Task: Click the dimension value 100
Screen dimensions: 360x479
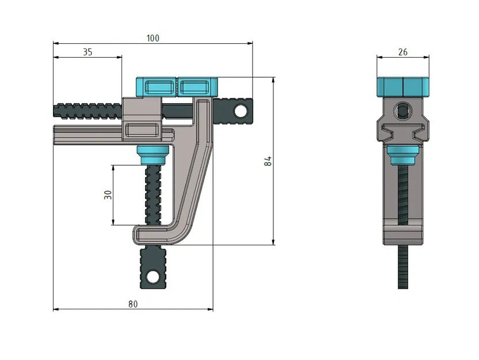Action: coord(153,38)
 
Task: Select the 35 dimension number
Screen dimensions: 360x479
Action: coord(88,52)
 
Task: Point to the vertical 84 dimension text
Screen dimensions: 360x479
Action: coord(268,161)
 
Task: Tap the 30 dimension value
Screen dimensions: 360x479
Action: coord(108,195)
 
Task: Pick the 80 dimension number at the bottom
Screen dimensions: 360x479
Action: coord(133,304)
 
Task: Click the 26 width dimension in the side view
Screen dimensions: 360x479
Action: coord(402,52)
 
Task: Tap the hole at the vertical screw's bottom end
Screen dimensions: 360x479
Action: coord(153,276)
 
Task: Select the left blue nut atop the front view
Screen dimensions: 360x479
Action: coord(156,87)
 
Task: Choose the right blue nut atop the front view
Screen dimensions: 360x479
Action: coord(197,87)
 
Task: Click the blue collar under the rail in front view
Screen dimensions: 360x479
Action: coord(153,153)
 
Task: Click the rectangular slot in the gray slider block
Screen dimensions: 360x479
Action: coord(142,130)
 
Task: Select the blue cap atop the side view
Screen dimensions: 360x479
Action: coord(402,87)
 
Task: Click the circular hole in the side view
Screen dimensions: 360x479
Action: coord(402,109)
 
